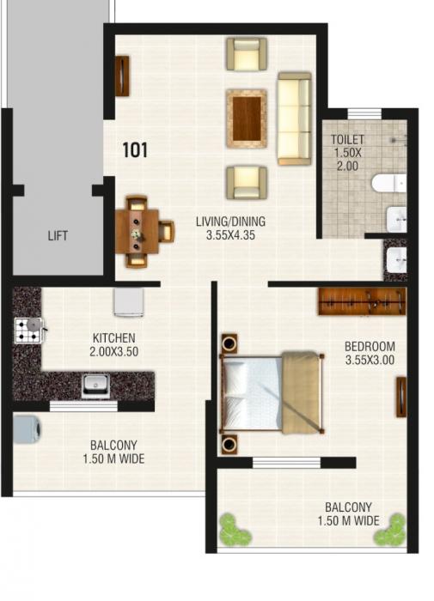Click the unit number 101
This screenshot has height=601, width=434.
tap(135, 150)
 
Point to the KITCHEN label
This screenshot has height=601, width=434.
tap(113, 338)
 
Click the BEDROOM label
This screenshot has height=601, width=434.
tap(369, 347)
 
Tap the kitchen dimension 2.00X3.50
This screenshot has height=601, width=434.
tap(113, 352)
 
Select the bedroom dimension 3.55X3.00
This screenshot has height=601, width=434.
tap(369, 361)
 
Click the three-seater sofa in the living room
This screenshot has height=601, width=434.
tap(294, 119)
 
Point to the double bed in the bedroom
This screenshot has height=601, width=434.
tap(270, 392)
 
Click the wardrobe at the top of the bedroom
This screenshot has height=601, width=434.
tap(361, 301)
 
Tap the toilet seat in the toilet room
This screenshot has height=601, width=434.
tap(388, 183)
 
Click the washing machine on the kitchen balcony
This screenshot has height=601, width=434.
tap(27, 429)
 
